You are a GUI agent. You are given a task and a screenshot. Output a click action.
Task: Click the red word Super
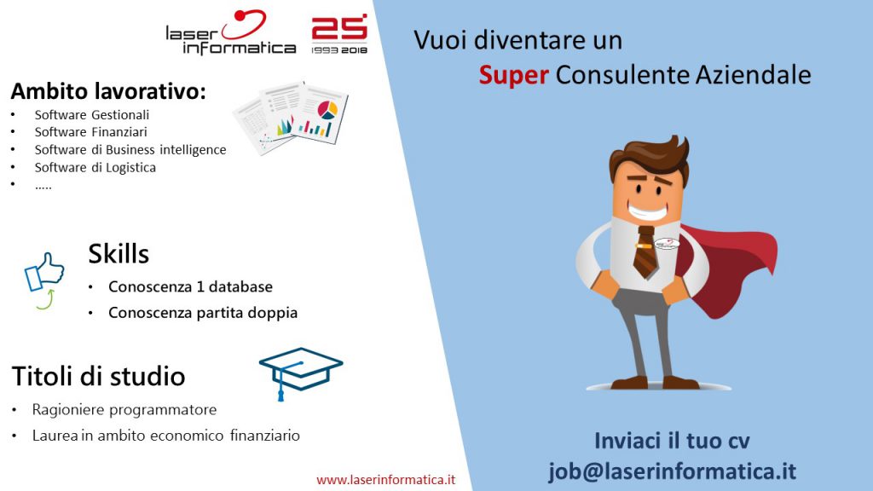[x=514, y=76]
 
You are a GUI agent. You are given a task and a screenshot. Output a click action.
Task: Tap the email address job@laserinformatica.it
[x=673, y=471]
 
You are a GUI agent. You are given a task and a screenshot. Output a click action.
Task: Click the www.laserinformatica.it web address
[x=386, y=479]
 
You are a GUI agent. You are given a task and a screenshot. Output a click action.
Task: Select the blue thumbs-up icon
[x=44, y=273]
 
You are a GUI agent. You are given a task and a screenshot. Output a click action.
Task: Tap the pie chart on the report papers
[x=327, y=110]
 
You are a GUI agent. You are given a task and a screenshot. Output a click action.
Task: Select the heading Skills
[x=119, y=254]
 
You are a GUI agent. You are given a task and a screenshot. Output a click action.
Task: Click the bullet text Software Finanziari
[x=90, y=132]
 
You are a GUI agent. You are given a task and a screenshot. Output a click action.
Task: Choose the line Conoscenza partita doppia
[x=203, y=313]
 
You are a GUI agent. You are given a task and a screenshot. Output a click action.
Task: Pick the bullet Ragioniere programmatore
[x=124, y=410]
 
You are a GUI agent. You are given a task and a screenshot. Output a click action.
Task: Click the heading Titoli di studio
[x=98, y=376]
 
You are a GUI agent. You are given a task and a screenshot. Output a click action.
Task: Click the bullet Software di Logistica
[x=95, y=168]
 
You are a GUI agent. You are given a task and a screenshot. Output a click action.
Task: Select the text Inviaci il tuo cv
[x=672, y=441]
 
